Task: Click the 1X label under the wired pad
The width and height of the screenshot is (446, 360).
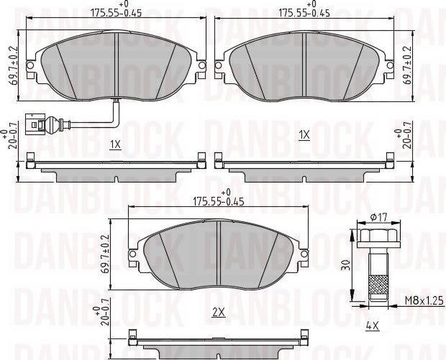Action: coord(115,144)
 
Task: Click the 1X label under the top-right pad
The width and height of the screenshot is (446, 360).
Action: coord(304,134)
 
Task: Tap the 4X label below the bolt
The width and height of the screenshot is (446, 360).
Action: coord(372,326)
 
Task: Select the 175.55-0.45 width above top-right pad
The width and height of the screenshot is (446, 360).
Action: coord(305,12)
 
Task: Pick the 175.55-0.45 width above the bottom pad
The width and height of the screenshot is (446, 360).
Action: coord(218,201)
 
